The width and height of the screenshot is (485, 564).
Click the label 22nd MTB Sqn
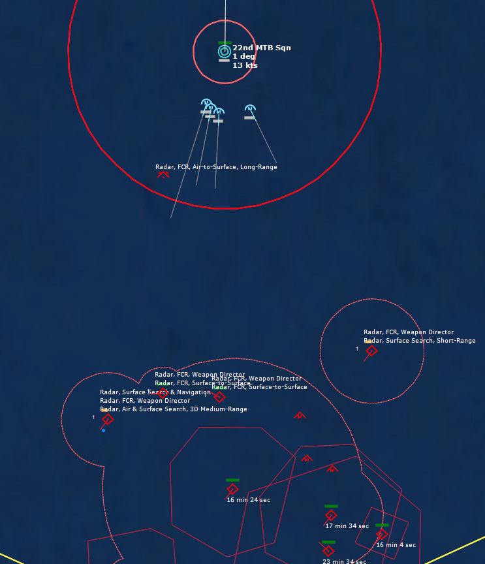click(x=261, y=48)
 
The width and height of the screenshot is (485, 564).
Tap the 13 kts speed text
click(x=245, y=65)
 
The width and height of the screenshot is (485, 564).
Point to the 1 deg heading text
click(x=243, y=57)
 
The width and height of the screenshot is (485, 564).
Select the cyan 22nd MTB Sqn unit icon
click(x=224, y=51)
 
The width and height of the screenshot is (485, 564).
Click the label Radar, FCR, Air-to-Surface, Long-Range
click(x=216, y=167)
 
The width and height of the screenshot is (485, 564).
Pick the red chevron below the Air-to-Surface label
click(x=163, y=174)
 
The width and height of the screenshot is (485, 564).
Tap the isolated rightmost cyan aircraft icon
click(x=249, y=109)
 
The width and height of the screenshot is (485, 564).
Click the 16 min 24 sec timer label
click(x=248, y=500)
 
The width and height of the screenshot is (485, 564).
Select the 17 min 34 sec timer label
click(x=347, y=526)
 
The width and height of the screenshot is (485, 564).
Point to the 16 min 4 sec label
click(x=396, y=545)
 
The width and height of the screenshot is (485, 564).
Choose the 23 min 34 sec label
click(x=344, y=561)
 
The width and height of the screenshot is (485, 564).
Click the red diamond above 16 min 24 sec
click(x=232, y=489)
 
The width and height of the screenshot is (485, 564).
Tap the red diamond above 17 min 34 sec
click(x=330, y=515)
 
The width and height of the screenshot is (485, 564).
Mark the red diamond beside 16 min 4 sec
click(x=381, y=534)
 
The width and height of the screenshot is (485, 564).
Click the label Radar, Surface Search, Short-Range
click(x=419, y=341)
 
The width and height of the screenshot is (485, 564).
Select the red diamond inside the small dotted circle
click(x=371, y=351)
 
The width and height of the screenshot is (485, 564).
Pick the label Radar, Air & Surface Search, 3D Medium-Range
click(x=173, y=409)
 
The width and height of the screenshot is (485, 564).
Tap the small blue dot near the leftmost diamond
click(x=103, y=430)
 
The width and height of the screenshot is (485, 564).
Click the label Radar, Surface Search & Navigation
click(x=155, y=392)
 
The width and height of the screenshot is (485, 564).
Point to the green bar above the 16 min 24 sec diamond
click(x=232, y=480)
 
